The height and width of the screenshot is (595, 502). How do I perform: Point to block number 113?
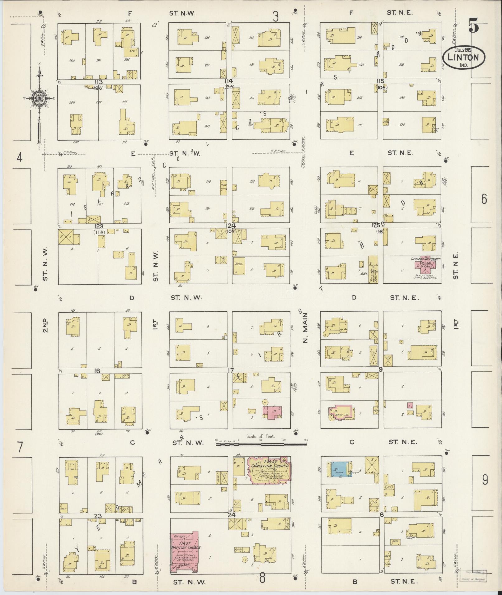(99, 82)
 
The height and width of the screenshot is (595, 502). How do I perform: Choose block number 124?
(231, 226)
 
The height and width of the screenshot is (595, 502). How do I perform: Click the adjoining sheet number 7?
(20, 448)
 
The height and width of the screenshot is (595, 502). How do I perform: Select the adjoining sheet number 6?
(484, 199)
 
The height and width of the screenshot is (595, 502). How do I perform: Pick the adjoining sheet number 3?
(275, 16)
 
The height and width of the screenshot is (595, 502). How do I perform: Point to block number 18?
(97, 371)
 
